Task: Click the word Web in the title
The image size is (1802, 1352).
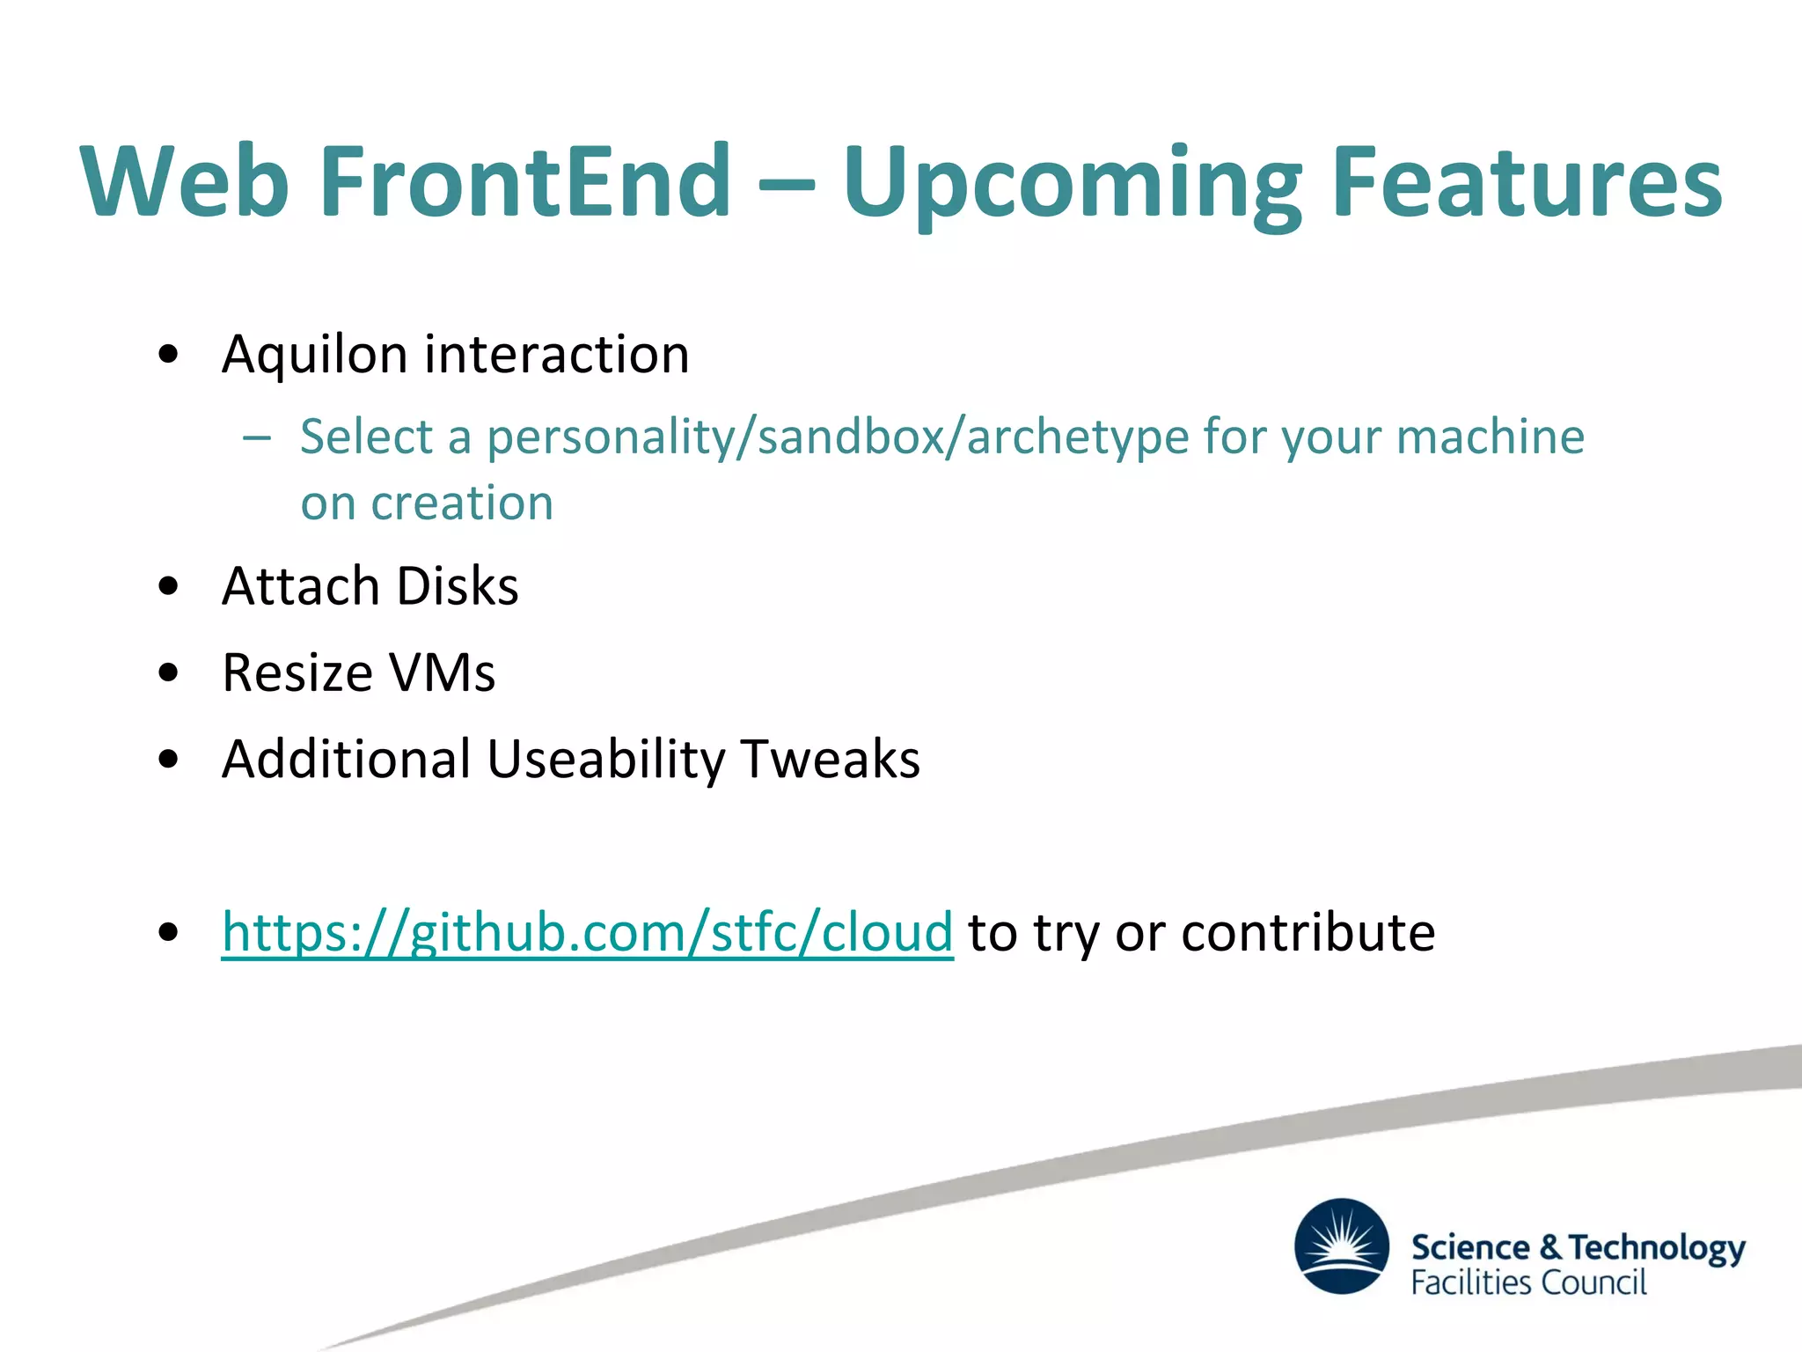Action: (x=185, y=181)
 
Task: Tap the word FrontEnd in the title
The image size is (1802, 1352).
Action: (x=525, y=181)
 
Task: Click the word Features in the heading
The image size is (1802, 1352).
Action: (x=1527, y=181)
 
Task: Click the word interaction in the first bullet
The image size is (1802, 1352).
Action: (x=557, y=355)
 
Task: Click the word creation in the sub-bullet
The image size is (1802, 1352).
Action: (x=462, y=503)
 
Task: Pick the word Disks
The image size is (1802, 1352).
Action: (x=458, y=586)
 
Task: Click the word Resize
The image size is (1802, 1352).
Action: (x=297, y=673)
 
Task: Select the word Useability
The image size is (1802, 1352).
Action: (x=605, y=760)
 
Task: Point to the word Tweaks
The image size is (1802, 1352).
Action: (x=830, y=760)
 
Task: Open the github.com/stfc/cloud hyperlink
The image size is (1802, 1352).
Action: (x=587, y=933)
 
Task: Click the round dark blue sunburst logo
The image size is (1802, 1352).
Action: (x=1342, y=1245)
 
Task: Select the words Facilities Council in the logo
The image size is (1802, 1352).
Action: (x=1528, y=1282)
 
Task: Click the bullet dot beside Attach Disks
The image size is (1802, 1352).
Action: (x=169, y=586)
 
